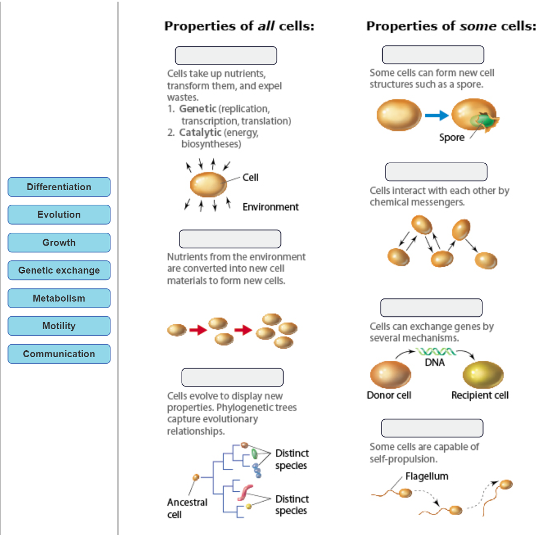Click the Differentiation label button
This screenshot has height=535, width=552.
(59, 187)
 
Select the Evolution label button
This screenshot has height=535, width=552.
(59, 214)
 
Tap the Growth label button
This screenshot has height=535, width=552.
(59, 242)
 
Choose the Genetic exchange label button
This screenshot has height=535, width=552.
(59, 270)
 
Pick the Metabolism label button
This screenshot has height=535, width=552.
(59, 298)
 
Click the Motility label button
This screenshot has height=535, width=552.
(59, 326)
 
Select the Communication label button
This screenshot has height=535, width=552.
(59, 354)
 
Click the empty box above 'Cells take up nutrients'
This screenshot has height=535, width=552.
(225, 55)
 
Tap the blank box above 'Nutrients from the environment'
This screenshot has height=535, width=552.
(230, 239)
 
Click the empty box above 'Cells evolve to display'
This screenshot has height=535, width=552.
(232, 377)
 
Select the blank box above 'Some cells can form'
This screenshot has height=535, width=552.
(433, 55)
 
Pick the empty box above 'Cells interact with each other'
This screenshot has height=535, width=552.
(436, 172)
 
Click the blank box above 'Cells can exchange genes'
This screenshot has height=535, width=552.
(431, 308)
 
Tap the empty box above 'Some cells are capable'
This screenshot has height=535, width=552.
(432, 428)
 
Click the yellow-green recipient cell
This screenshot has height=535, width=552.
(482, 375)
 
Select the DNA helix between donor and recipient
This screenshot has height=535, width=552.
(436, 352)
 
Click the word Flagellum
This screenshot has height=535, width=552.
(426, 476)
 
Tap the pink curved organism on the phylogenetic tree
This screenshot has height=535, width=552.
(247, 491)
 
